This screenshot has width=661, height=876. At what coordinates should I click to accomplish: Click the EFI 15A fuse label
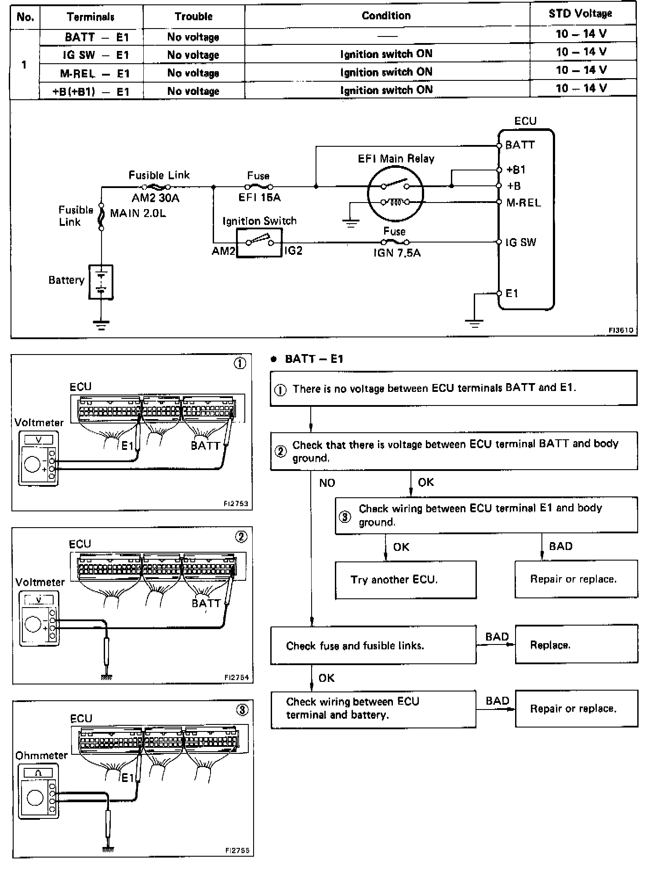259,198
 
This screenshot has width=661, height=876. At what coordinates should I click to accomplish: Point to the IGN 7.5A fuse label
397,253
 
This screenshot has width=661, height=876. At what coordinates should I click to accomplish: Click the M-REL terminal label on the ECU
523,203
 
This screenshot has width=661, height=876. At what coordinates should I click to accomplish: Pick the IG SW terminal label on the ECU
521,243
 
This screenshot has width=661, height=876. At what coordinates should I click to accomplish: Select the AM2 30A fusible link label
156,198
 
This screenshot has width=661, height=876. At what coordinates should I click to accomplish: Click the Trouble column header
193,17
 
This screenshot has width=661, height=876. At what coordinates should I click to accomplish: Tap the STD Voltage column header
580,14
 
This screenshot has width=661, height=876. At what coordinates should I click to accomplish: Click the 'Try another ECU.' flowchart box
406,580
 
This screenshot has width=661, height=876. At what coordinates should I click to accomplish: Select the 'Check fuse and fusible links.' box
373,645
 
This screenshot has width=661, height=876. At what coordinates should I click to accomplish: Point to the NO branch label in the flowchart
327,483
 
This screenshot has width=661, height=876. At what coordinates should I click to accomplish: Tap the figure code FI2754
236,677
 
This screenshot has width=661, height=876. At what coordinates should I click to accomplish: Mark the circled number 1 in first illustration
240,364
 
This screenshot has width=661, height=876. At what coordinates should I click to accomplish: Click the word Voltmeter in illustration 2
40,583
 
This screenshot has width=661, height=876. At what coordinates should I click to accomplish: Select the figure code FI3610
621,330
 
